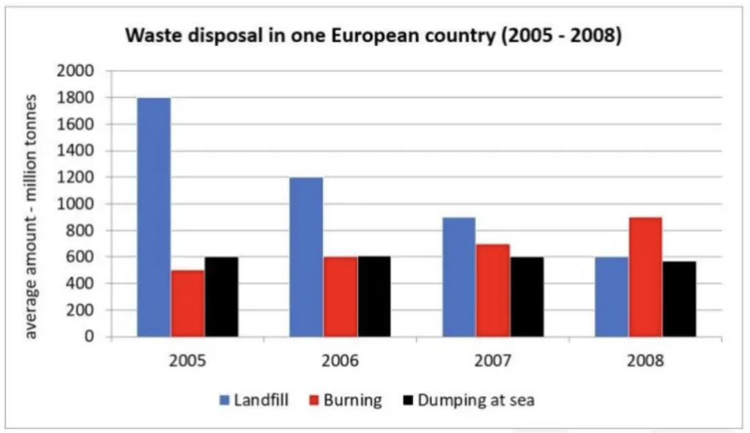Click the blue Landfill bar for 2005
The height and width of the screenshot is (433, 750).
point(154,218)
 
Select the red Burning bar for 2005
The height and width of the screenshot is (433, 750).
point(188,303)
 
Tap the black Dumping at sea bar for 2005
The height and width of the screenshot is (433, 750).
point(221,297)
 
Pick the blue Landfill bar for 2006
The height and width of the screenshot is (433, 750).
point(306,257)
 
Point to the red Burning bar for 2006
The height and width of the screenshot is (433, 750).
point(341,297)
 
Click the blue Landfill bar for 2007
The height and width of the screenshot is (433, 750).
point(459,277)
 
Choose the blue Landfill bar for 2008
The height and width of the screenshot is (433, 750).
point(612,297)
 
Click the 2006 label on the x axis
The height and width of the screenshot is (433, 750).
point(341,361)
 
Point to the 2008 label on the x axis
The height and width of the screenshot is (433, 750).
point(646,361)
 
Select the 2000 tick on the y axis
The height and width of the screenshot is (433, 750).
point(80,71)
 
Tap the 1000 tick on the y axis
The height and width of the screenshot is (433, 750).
point(80,204)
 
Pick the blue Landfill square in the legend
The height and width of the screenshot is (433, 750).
point(225,401)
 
